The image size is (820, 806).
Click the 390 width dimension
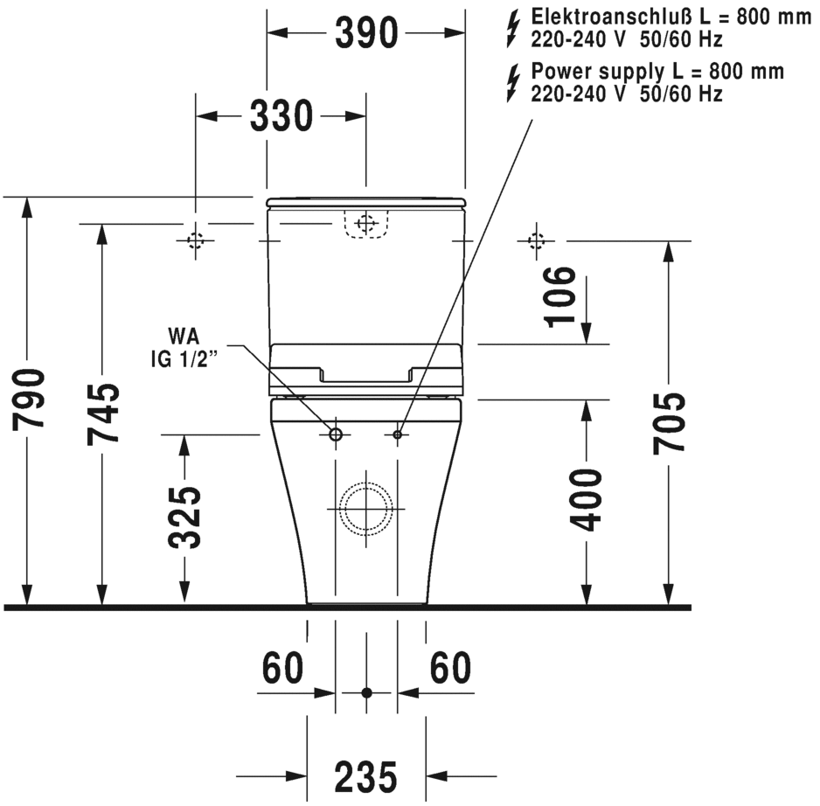[365, 33]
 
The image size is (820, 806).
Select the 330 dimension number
[281, 115]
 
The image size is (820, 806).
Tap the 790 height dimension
[30, 400]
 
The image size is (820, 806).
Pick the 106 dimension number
[560, 295]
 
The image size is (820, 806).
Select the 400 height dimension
[587, 499]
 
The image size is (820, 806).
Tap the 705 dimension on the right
[670, 423]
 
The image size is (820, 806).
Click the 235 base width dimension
[365, 775]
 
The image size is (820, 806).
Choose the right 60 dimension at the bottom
[451, 669]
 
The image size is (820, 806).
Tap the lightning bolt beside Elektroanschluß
[514, 28]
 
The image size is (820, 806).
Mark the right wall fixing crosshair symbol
[535, 240]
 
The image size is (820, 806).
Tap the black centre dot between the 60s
[367, 692]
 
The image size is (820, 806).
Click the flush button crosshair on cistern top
[366, 223]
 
